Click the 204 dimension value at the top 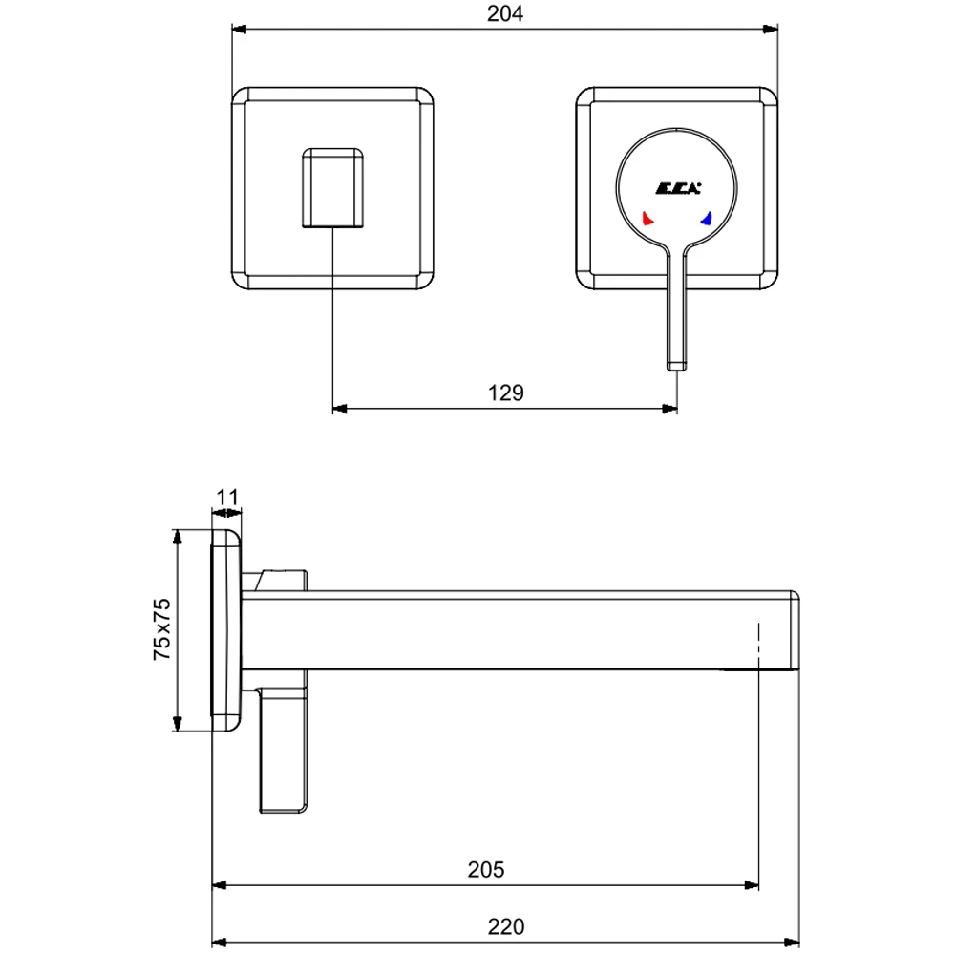[505, 13]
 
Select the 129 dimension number [505, 393]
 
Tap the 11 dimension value [226, 497]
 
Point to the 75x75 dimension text [161, 630]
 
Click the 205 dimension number [485, 870]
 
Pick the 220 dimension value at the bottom [505, 925]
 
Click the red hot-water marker [648, 219]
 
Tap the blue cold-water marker [707, 219]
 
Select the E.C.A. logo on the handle [677, 187]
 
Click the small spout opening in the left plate [332, 187]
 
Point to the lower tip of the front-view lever [676, 363]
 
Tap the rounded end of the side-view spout [793, 630]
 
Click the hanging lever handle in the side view [283, 754]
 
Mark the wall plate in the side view [226, 630]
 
